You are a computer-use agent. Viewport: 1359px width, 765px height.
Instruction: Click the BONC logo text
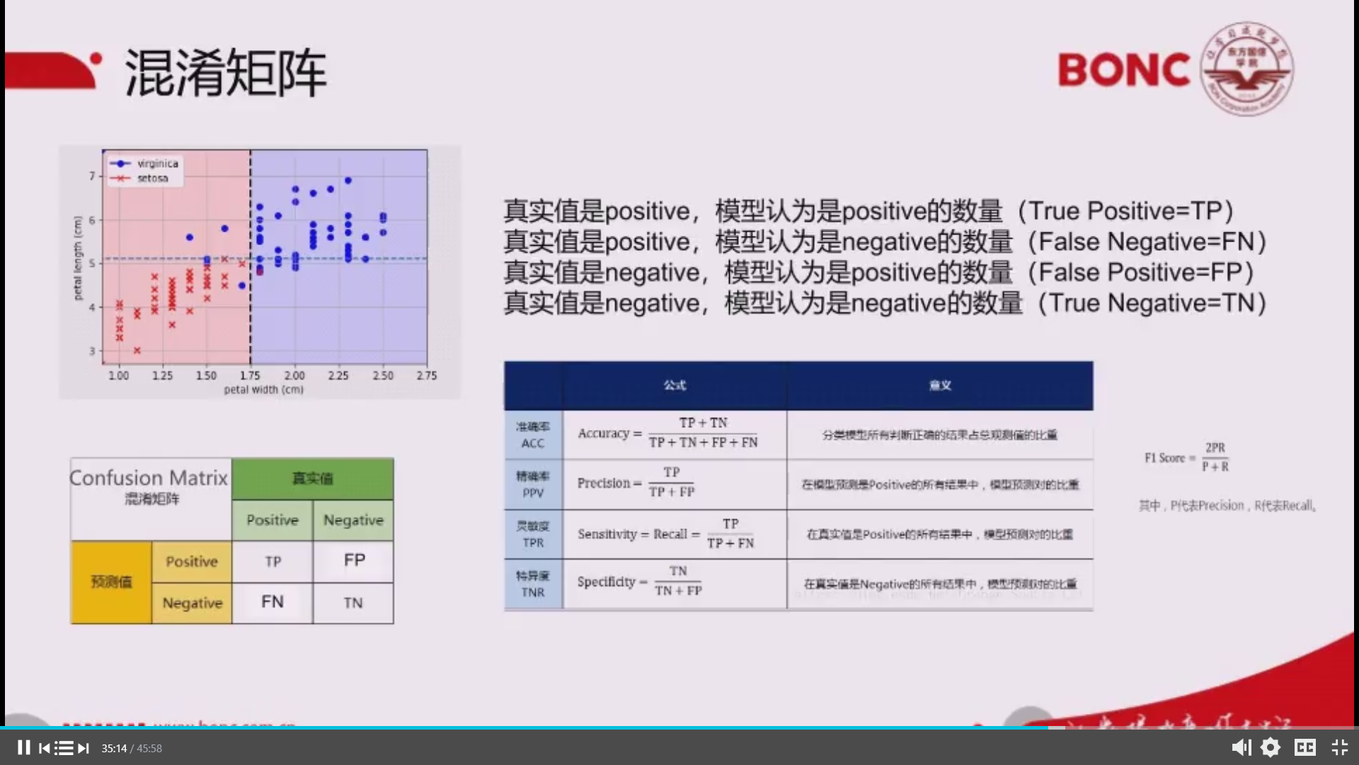(x=1124, y=70)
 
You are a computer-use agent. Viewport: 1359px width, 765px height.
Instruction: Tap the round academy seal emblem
(x=1247, y=69)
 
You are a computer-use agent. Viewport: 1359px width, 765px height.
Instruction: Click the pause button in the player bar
(x=23, y=748)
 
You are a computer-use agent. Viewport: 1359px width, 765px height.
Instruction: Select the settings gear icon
(x=1271, y=748)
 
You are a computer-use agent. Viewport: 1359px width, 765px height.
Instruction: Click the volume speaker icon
(x=1241, y=748)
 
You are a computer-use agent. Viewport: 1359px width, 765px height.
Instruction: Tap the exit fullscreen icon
(x=1339, y=748)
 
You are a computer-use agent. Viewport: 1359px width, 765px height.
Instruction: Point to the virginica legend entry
(x=157, y=164)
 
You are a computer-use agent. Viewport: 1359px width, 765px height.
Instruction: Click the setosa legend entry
(x=152, y=178)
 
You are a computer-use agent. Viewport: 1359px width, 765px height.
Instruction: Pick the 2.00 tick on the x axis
(x=294, y=375)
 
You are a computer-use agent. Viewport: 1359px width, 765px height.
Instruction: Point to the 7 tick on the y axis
(x=92, y=176)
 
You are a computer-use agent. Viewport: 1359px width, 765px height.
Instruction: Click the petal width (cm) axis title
(x=263, y=390)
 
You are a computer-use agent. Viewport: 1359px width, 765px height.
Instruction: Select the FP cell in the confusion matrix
(x=354, y=560)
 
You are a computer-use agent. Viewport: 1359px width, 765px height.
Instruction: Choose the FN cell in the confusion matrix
(x=273, y=602)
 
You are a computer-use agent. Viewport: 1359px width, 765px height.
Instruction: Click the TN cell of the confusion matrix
(x=353, y=603)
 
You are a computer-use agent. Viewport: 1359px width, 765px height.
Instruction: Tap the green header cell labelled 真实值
(x=313, y=479)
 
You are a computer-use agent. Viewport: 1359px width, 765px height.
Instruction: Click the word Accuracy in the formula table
(x=603, y=433)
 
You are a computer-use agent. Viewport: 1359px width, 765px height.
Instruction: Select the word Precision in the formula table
(x=603, y=483)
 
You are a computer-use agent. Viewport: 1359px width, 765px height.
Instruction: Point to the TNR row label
(x=533, y=592)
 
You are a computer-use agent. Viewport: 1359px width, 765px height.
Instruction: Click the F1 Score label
(x=1164, y=458)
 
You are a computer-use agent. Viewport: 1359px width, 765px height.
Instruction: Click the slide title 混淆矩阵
(x=225, y=73)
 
